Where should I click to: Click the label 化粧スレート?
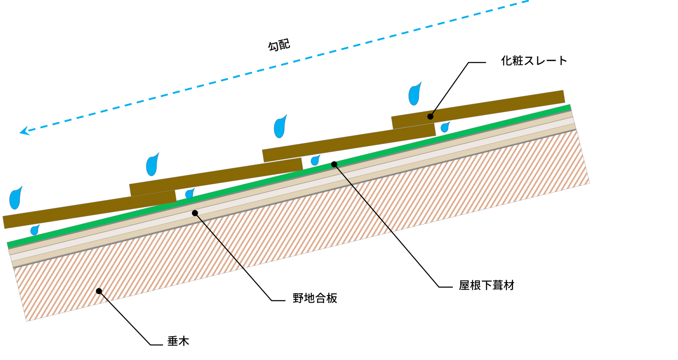[534, 61]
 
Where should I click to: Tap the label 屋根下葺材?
[486, 285]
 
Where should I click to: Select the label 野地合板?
[315, 299]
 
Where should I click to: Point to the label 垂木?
[178, 341]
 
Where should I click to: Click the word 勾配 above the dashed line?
[279, 45]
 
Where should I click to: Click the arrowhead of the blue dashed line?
[25, 131]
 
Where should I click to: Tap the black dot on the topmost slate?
[430, 117]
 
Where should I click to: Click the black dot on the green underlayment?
[334, 164]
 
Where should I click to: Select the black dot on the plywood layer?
[195, 213]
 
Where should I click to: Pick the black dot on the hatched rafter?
[99, 291]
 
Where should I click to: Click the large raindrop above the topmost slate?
[414, 94]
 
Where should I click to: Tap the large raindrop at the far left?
[15, 198]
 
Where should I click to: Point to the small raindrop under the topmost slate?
[444, 127]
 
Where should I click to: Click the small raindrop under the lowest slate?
[35, 230]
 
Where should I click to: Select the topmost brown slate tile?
[478, 109]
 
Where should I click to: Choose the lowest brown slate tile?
[90, 209]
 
